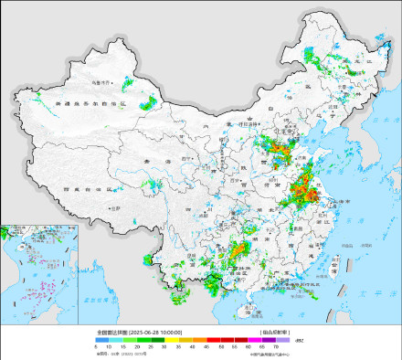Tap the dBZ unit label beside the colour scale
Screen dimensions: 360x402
point(298,339)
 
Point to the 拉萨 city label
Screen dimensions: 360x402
point(115,209)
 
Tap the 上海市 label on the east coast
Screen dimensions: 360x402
point(323,200)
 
